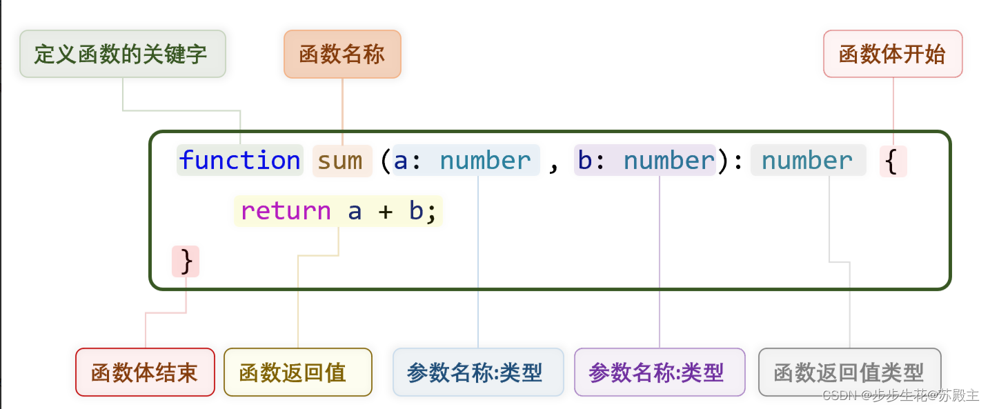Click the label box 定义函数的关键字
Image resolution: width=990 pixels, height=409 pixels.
[122, 54]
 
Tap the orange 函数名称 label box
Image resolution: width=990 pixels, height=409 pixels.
[342, 54]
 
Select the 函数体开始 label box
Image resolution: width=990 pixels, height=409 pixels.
[893, 54]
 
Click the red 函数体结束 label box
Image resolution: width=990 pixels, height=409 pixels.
[145, 372]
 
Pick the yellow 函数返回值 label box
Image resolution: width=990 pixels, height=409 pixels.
[297, 372]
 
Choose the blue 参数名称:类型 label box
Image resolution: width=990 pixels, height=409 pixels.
[477, 372]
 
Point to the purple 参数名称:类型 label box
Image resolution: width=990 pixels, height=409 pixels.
[660, 372]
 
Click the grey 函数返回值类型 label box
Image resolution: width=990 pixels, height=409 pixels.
[849, 372]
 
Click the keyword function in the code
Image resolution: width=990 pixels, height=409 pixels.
[239, 161]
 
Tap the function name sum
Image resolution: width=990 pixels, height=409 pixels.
[340, 161]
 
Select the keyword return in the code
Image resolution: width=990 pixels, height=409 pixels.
[286, 211]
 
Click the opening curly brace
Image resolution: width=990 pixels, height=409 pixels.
[893, 161]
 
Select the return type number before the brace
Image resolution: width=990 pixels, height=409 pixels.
[807, 161]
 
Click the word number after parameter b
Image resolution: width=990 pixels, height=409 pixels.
[669, 161]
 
